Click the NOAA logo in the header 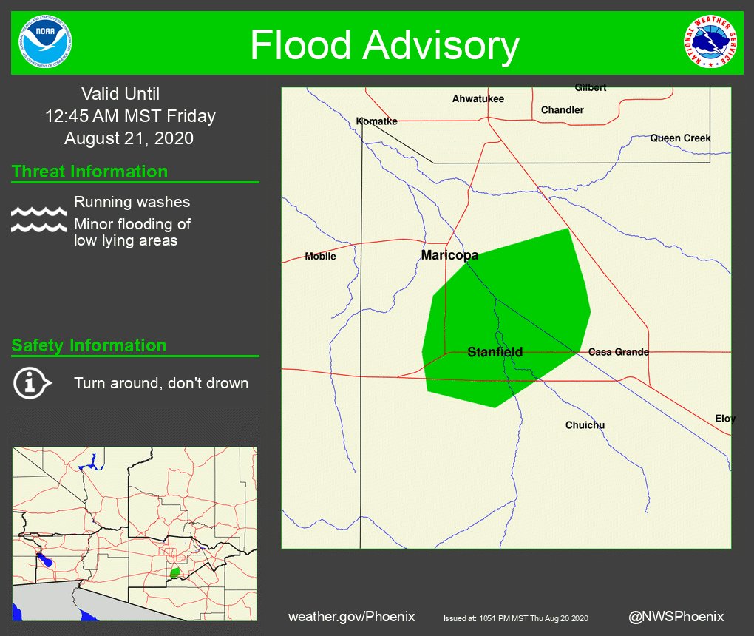click(47, 42)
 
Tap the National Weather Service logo click(710, 42)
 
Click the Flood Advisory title click(384, 46)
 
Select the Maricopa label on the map click(449, 255)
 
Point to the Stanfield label click(495, 352)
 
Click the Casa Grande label click(619, 352)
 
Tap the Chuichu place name click(585, 425)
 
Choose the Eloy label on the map click(724, 419)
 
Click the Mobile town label click(320, 257)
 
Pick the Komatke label click(376, 121)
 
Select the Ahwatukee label click(478, 98)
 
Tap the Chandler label click(562, 110)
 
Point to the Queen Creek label click(680, 138)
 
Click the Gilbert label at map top click(591, 88)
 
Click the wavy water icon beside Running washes click(38, 220)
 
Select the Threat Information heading click(89, 172)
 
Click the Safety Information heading click(89, 345)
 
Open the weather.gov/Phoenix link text click(351, 616)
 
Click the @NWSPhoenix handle click(676, 616)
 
